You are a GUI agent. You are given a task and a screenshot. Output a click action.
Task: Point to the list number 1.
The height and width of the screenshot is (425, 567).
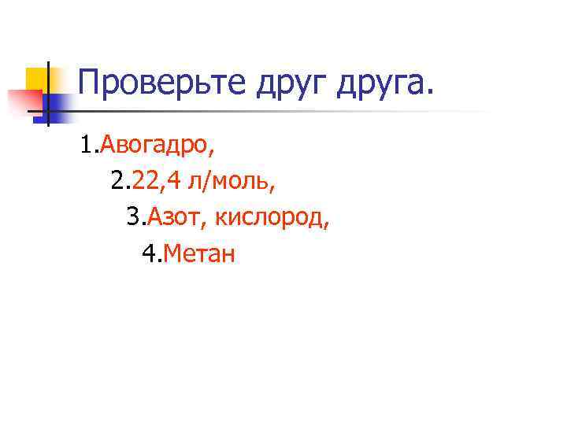[x=86, y=145]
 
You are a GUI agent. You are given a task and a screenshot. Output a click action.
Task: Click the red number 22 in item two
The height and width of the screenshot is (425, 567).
[x=146, y=183]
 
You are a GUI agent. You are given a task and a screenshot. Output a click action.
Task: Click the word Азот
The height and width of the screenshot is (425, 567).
[x=177, y=218]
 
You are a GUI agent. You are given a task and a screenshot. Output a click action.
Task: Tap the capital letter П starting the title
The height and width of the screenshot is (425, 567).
[x=90, y=81]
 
